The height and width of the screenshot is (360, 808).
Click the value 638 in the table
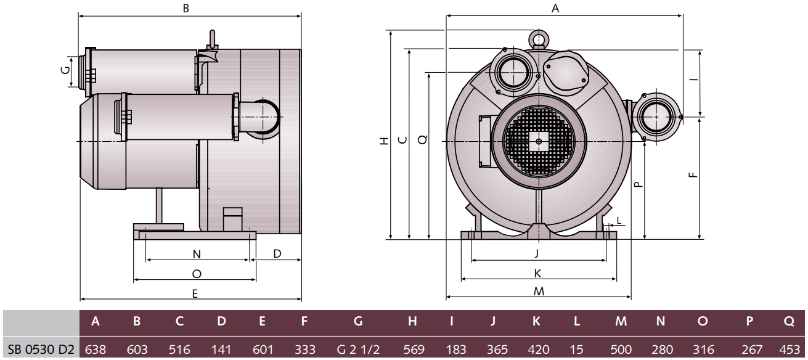point(95,349)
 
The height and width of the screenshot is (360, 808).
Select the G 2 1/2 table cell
point(358,349)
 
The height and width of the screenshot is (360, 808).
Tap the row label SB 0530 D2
point(41,349)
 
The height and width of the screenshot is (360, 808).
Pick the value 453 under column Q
point(789,349)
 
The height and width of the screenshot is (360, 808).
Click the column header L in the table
point(576,321)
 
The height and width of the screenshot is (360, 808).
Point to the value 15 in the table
point(576,349)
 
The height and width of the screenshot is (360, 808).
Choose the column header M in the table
point(621,321)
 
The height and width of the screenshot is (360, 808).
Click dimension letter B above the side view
point(186,9)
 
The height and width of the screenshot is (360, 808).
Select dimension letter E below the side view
point(195,294)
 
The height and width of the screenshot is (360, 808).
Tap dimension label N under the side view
point(197,254)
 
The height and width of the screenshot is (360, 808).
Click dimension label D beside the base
point(277,253)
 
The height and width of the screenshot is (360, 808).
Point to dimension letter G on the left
point(65,71)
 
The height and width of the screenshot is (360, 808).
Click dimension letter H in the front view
point(383,141)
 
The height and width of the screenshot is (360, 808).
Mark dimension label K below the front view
point(537,272)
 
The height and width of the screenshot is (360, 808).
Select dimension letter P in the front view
point(639,183)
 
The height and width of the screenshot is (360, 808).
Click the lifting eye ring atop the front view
point(539,40)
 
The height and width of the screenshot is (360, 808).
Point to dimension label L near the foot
point(619,220)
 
